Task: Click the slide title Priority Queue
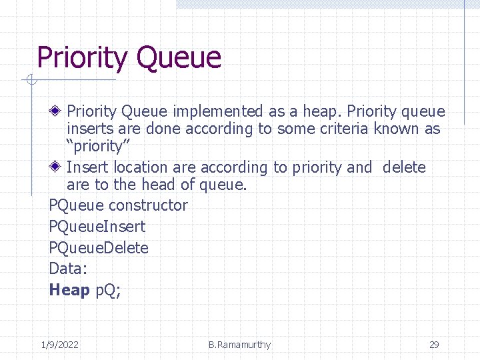click(x=129, y=58)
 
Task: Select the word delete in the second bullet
click(x=404, y=167)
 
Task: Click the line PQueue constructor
click(x=118, y=205)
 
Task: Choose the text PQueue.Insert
click(x=97, y=227)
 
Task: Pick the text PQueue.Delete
click(x=99, y=248)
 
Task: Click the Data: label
click(x=67, y=269)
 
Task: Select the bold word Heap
click(x=69, y=290)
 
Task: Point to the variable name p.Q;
click(x=107, y=291)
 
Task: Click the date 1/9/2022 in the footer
click(x=59, y=345)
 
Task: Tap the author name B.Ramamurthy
click(x=239, y=345)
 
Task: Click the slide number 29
click(x=434, y=345)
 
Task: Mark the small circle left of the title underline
click(x=31, y=81)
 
